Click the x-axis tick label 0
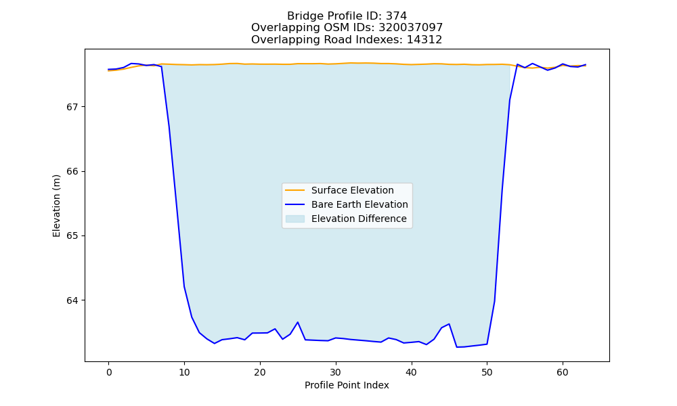click(x=109, y=372)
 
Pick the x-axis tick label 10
click(x=184, y=372)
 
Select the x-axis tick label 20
click(x=260, y=372)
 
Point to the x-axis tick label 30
click(x=336, y=372)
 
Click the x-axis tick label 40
click(x=412, y=372)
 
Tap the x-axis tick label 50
click(x=487, y=372)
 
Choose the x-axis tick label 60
click(x=563, y=372)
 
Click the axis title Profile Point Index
click(x=347, y=385)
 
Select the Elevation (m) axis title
click(x=56, y=206)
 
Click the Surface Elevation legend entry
click(x=339, y=190)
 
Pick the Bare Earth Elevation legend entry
click(x=346, y=204)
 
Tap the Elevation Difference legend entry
click(x=346, y=219)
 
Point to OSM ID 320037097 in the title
click(x=411, y=28)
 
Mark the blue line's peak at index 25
click(x=297, y=322)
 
